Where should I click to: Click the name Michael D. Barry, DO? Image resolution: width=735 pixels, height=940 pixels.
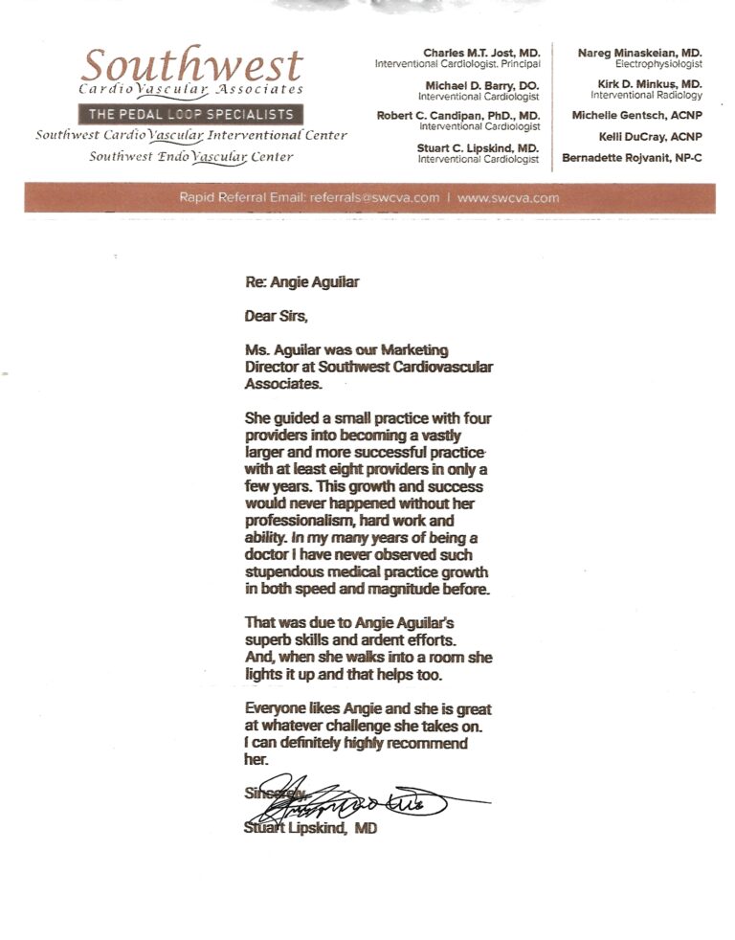point(482,84)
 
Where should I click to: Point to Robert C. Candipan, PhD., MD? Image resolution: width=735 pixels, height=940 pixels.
point(459,116)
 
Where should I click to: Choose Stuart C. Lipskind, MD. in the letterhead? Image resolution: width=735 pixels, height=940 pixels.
point(479,148)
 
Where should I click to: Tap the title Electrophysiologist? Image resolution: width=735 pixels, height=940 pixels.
point(657,63)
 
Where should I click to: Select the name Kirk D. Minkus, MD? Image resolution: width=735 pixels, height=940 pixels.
point(650,84)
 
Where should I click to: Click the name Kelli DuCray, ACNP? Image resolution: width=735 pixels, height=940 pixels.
point(651,137)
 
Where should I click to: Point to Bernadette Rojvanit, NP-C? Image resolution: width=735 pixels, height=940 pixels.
point(632,158)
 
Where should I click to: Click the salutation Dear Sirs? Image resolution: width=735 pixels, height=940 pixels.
point(277,316)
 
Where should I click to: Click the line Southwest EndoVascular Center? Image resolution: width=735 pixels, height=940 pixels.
point(191,157)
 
